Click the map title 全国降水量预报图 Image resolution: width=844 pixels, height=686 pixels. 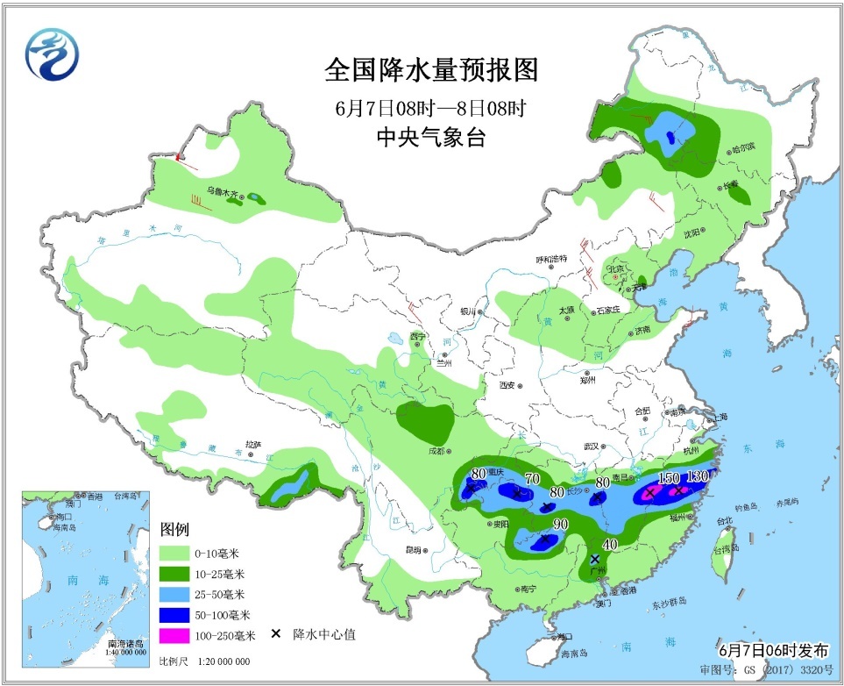430,69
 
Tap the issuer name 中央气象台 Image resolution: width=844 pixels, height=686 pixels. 429,137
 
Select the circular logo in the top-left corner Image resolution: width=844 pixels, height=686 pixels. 52,52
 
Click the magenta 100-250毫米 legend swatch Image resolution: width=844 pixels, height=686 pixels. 179,635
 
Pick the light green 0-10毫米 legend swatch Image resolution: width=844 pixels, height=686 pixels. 179,554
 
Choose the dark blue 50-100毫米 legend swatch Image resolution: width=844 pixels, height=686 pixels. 179,615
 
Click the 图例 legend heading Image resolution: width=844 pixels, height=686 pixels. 175,530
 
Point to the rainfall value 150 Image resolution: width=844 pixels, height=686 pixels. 669,477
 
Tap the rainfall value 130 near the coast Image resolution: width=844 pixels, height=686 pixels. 699,476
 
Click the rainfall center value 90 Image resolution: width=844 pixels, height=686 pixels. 560,525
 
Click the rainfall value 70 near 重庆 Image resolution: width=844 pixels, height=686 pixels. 530,479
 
